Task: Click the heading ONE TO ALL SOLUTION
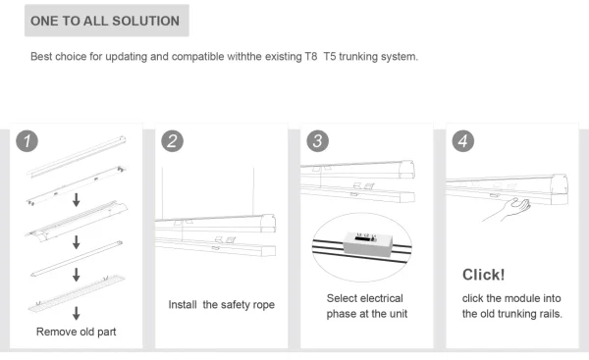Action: point(105,21)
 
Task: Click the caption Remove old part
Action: point(77,332)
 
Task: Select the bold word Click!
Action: point(483,274)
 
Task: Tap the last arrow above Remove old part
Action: point(77,314)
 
